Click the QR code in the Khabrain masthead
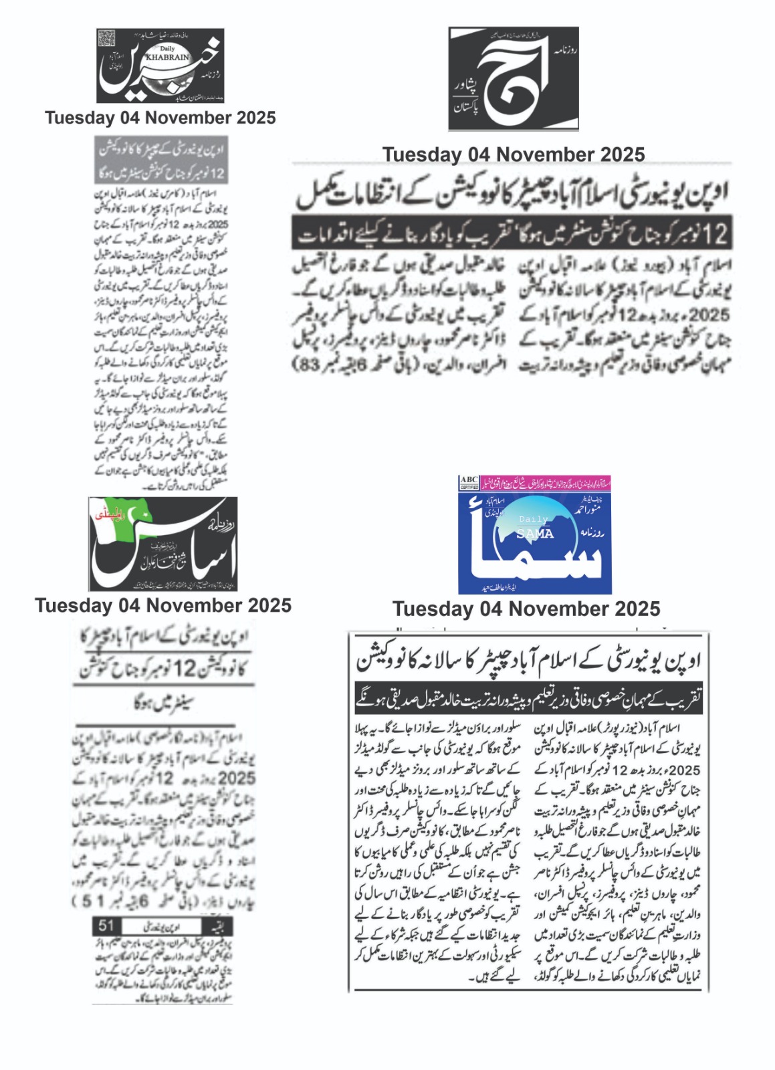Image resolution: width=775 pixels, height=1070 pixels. coord(107,39)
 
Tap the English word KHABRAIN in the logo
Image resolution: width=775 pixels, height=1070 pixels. coord(168,58)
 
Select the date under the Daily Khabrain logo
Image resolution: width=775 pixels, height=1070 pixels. coord(160,118)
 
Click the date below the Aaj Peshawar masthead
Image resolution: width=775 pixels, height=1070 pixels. coord(514,154)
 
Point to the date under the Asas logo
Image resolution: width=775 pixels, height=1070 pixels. coord(163,605)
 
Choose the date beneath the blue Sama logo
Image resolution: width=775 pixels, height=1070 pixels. coord(526,609)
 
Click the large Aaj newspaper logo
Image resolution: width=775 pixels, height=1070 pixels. coord(514,78)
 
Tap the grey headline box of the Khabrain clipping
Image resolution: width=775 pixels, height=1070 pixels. coord(161,160)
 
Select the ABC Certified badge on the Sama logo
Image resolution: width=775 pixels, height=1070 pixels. coord(469,483)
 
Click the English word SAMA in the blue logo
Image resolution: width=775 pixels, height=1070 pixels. coord(535,534)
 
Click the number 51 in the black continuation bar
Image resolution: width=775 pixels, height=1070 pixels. coord(106,926)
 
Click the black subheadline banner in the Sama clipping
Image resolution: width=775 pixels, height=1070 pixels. coord(528,700)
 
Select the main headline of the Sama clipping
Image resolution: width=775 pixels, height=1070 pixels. coord(528,661)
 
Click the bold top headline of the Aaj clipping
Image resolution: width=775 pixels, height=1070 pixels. coord(513,193)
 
